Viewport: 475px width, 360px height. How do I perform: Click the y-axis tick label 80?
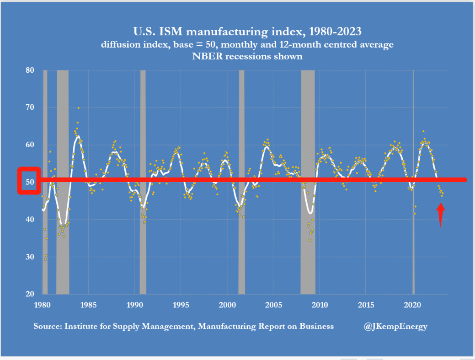(30, 70)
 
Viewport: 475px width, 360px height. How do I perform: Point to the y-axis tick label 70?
(30, 108)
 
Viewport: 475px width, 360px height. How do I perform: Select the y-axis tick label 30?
(30, 257)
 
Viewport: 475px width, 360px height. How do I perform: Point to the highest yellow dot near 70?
(78, 108)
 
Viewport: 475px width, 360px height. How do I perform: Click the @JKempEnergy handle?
(396, 326)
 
